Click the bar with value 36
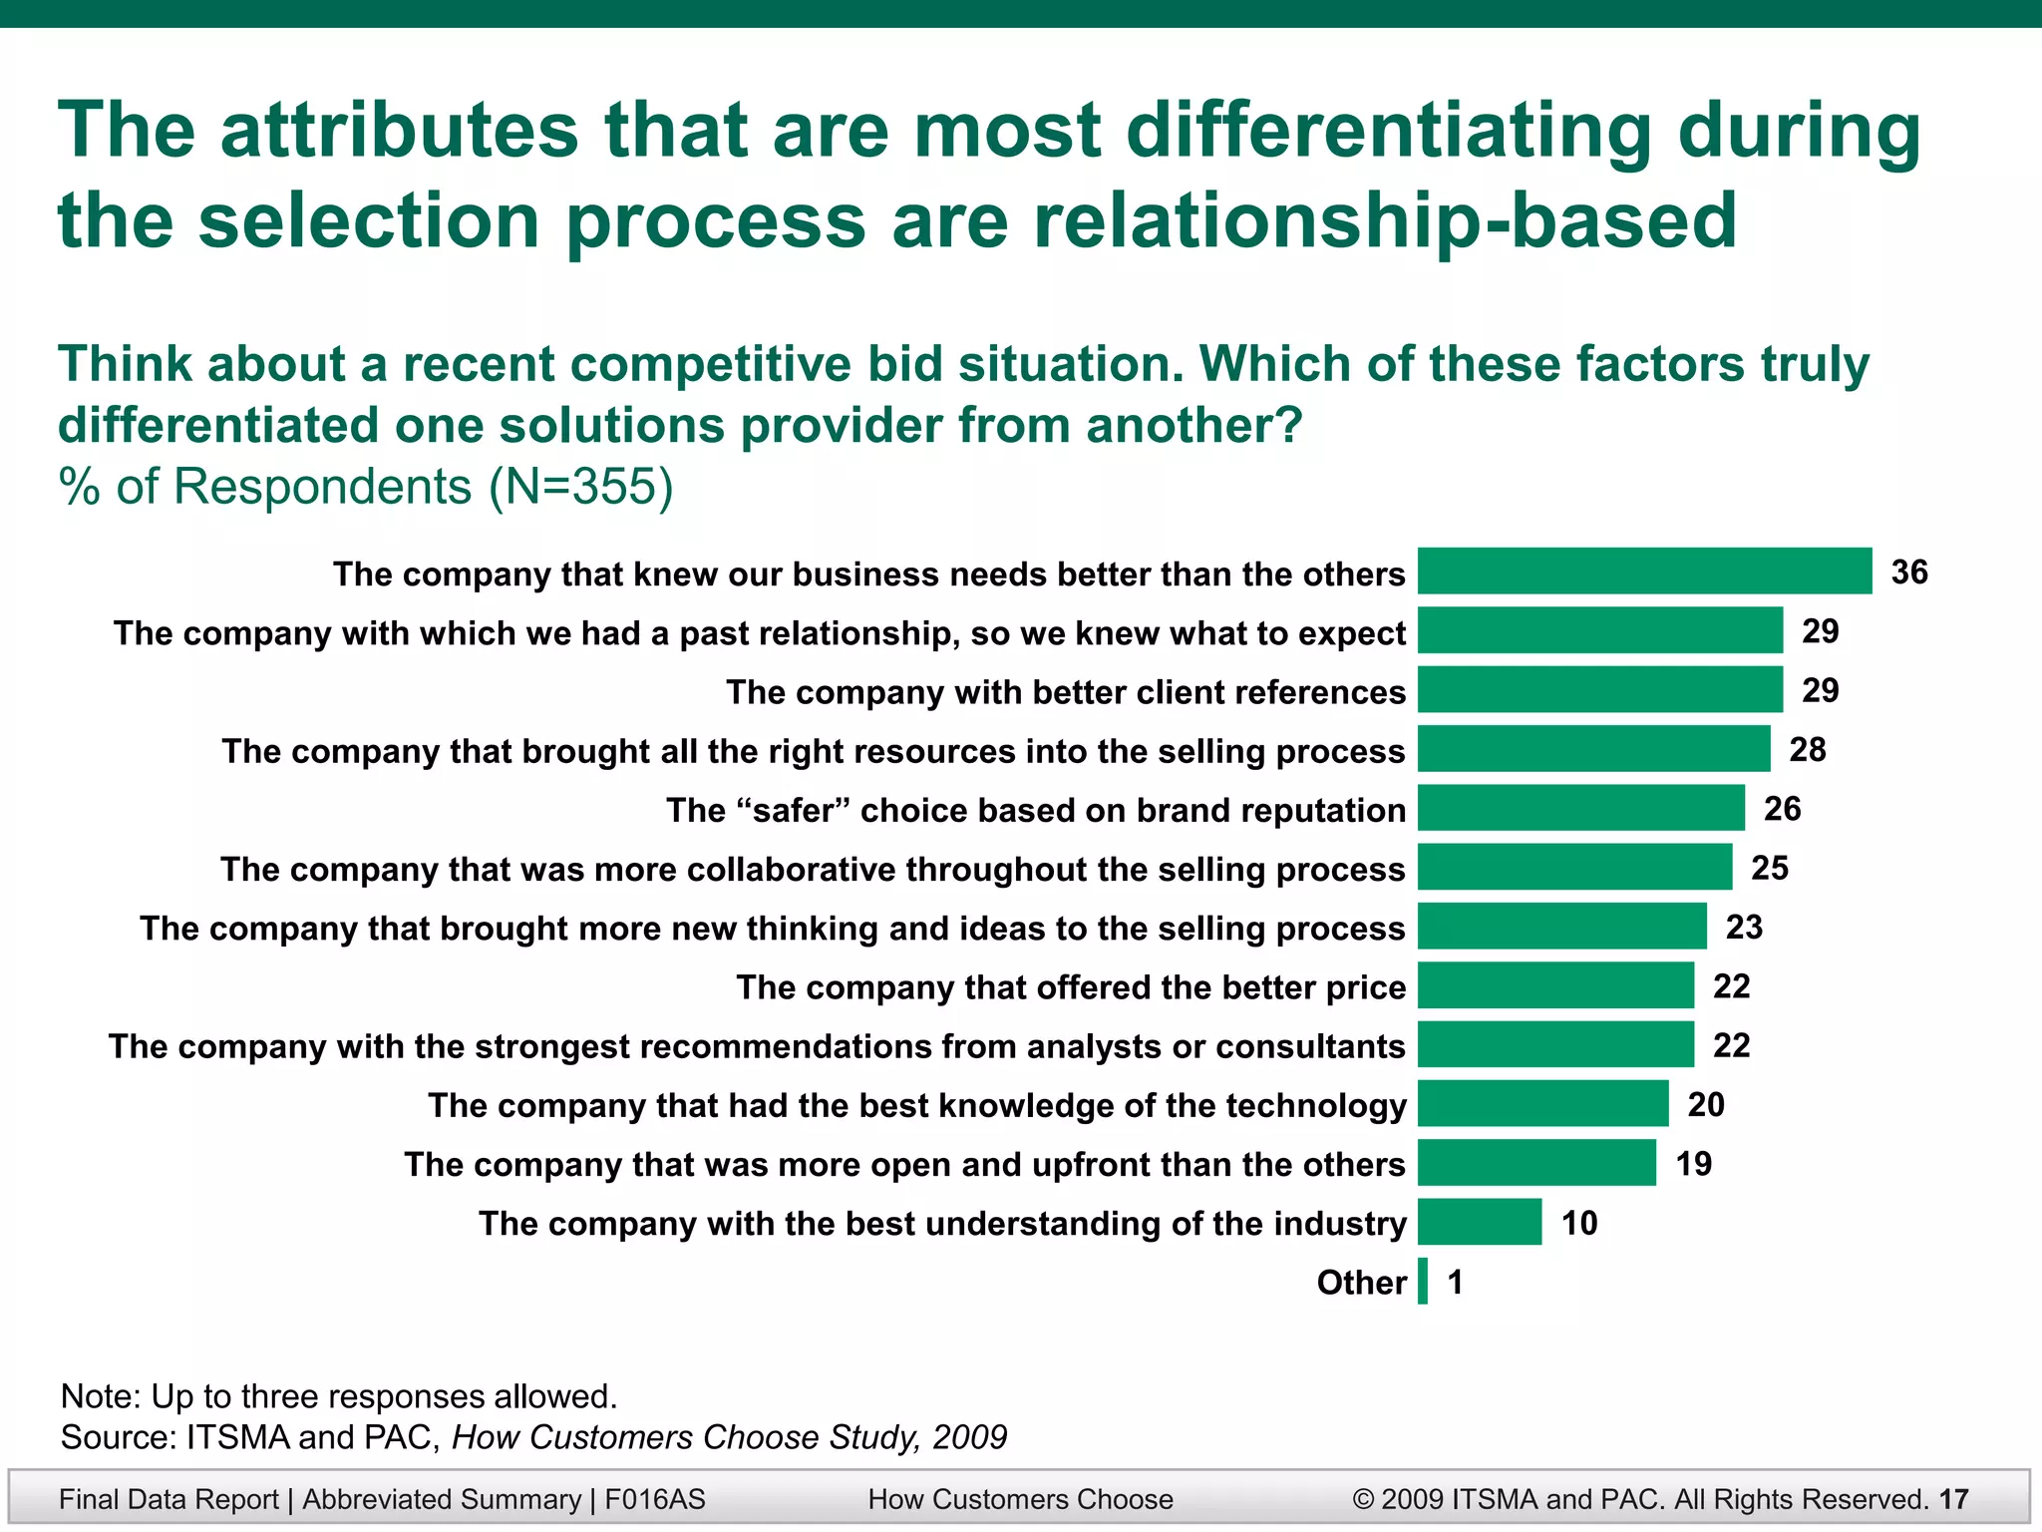1644,572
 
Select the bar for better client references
1599,690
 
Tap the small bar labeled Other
1423,1282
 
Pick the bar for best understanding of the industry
1480,1222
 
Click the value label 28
1807,749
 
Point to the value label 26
1782,808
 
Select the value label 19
1693,1163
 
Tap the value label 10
1579,1223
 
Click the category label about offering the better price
1071,987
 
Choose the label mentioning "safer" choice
1035,810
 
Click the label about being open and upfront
904,1165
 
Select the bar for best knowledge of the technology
1542,1104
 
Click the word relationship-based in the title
1385,221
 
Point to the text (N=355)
581,487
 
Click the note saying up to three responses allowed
339,1396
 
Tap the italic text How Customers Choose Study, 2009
729,1437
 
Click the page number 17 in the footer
1954,1499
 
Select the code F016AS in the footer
654,1499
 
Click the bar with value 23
1561,927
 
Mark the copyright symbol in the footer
1363,1499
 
